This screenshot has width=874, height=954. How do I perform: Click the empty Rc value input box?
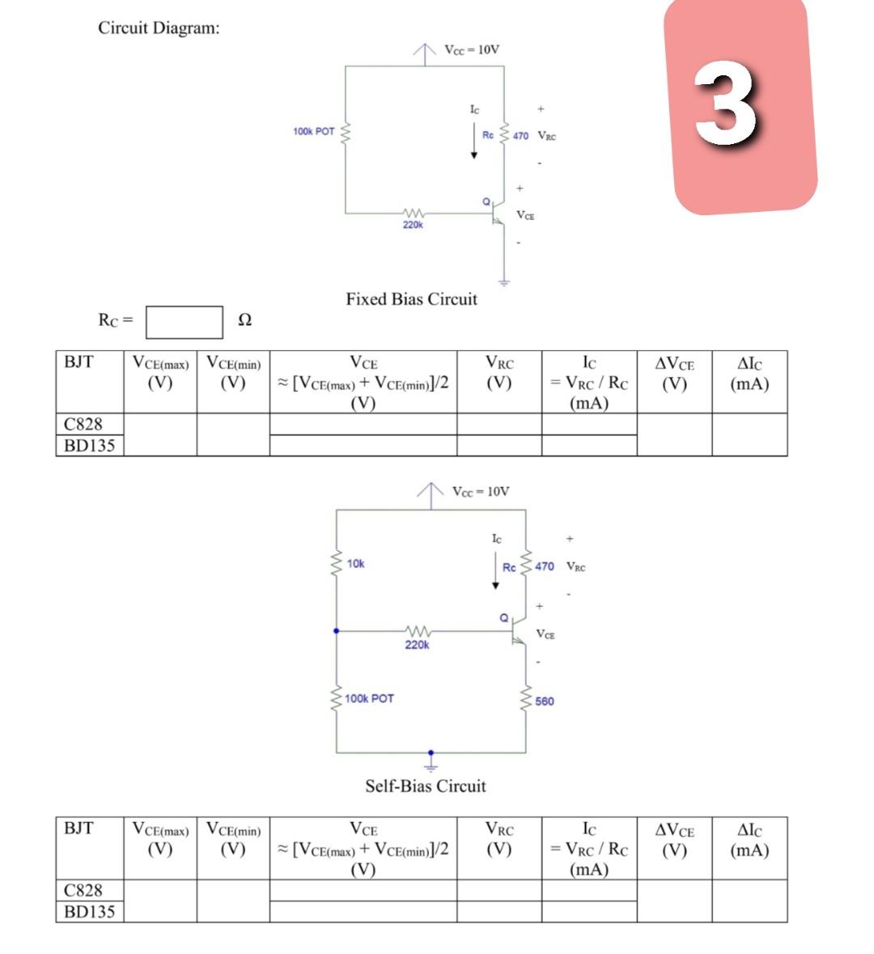(184, 321)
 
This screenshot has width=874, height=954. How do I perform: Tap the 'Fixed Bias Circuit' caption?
(411, 299)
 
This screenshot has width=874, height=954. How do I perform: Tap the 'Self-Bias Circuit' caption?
(425, 786)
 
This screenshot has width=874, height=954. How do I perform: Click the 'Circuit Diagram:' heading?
(159, 28)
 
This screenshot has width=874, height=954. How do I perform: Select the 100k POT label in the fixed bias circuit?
(313, 131)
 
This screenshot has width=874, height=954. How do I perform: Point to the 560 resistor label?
(545, 701)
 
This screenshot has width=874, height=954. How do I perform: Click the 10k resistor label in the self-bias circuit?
(355, 563)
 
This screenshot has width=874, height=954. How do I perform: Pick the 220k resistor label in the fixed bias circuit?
(413, 225)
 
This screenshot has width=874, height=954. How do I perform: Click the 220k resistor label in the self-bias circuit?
(417, 645)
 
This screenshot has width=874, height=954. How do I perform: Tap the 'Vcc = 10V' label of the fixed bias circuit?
(472, 49)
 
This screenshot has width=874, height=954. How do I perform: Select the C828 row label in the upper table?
(83, 424)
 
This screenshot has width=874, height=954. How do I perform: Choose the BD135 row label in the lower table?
(89, 911)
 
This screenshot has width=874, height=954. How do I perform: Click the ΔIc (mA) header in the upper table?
(749, 374)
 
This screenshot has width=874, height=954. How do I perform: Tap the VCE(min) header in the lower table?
(233, 839)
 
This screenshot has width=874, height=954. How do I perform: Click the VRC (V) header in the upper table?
(499, 373)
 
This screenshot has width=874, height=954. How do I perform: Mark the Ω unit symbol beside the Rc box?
(244, 320)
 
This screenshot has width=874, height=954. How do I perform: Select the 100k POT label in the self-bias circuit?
(369, 698)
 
